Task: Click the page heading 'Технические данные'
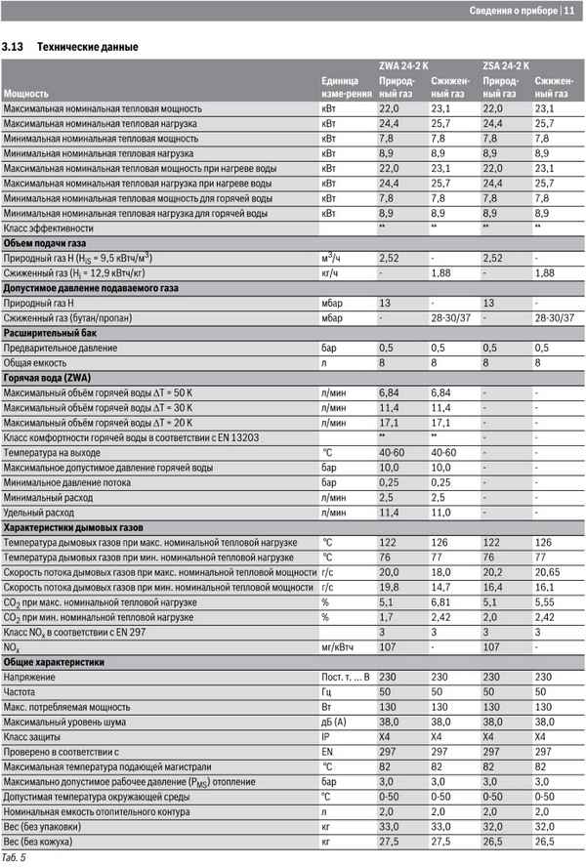click(x=87, y=47)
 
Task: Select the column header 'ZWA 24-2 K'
click(x=403, y=65)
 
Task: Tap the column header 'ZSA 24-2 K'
click(x=506, y=65)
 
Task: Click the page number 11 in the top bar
click(x=569, y=11)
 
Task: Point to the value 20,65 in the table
click(x=549, y=572)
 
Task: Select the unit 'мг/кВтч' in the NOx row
click(x=338, y=647)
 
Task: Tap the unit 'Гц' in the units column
click(x=327, y=692)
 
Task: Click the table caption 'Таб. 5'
click(x=14, y=857)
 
